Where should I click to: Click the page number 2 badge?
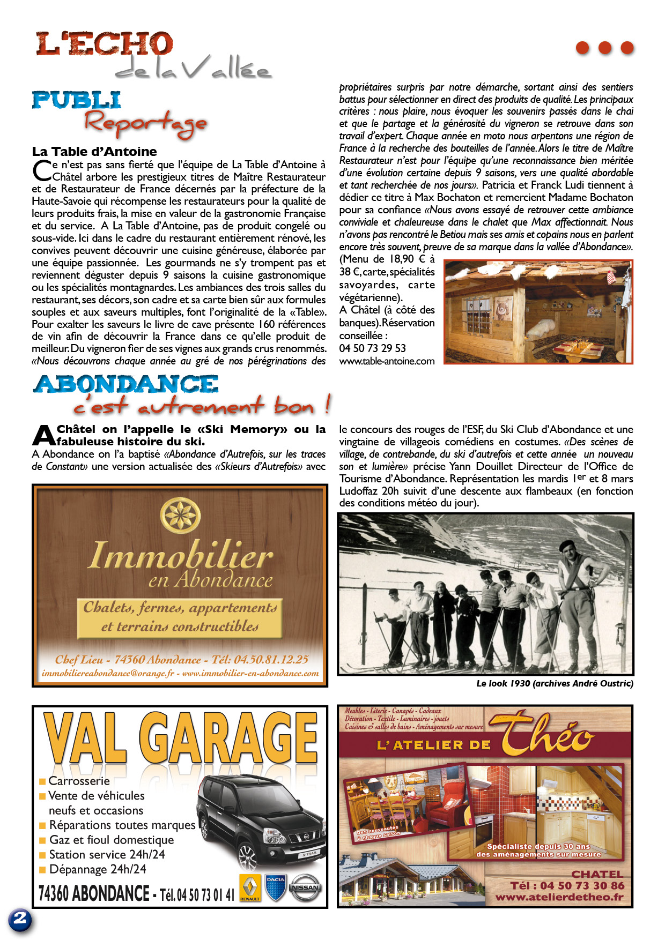tap(20, 920)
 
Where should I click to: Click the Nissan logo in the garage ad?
tap(306, 888)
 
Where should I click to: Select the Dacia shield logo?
tap(276, 888)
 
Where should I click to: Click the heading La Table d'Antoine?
tap(94, 152)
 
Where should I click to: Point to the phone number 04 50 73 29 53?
tap(372, 348)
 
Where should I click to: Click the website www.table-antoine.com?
tap(387, 361)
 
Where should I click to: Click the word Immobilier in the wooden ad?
tap(180, 556)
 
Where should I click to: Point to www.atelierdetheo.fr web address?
tap(559, 897)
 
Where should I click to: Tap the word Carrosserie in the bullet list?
tap(79, 781)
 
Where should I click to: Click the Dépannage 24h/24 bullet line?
tap(97, 869)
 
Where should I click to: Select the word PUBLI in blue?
tap(76, 100)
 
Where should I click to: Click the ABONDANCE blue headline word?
tap(126, 384)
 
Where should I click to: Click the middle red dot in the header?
tap(604, 48)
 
